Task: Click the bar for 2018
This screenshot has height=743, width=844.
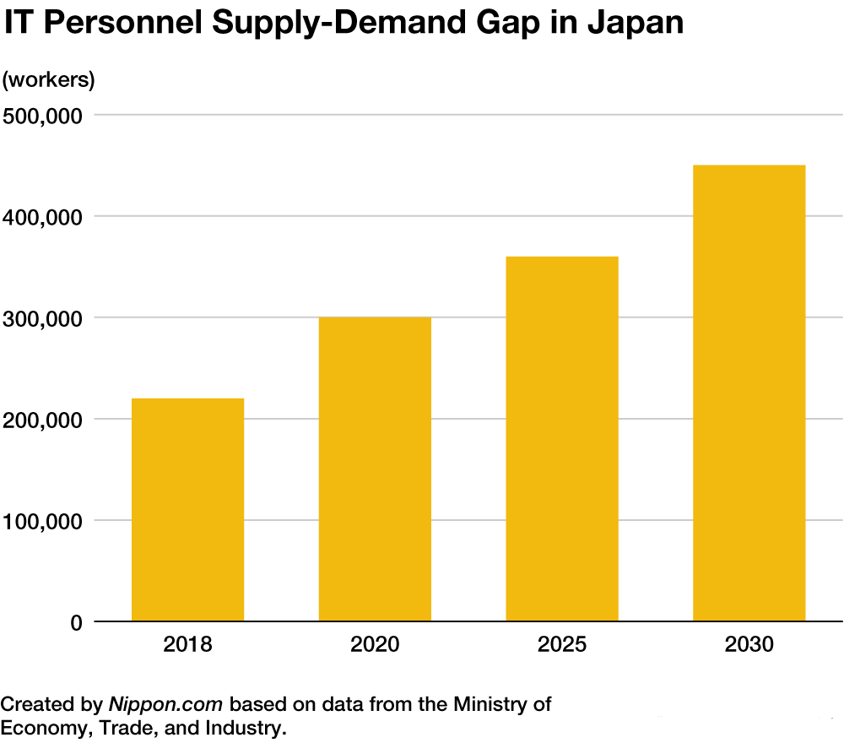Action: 187,510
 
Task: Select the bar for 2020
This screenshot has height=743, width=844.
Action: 375,469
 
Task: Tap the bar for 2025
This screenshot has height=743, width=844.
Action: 562,439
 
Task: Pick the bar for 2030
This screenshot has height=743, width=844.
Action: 749,393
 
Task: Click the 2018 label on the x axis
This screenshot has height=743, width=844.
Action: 187,646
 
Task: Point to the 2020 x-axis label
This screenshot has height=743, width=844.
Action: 375,646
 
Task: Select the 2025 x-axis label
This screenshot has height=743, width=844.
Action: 562,646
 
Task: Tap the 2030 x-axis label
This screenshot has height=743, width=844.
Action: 749,646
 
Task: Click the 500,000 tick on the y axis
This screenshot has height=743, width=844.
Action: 41,116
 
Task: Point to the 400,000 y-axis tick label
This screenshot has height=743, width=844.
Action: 41,217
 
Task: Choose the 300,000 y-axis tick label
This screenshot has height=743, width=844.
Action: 41,318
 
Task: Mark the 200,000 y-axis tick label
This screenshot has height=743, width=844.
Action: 41,420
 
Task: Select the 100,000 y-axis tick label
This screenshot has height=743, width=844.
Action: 41,521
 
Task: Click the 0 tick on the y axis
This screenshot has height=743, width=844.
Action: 76,623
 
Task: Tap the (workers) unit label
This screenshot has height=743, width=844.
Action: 48,80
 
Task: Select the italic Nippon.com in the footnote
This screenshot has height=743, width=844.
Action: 165,703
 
